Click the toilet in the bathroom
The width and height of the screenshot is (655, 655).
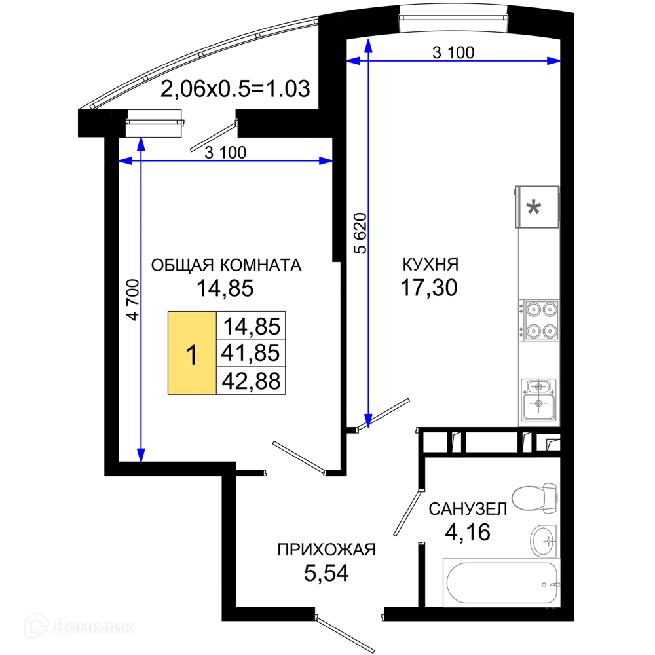[534, 498]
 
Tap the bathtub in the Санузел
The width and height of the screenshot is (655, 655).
[501, 582]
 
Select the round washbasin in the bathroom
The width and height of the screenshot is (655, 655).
[544, 541]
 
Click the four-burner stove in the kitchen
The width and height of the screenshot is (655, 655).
[539, 320]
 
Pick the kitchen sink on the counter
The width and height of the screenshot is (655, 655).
[538, 400]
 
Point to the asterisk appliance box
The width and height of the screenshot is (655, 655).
[537, 207]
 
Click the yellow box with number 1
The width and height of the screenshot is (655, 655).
[192, 353]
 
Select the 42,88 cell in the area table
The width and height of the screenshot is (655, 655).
[251, 381]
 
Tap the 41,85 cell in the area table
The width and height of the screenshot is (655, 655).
[251, 353]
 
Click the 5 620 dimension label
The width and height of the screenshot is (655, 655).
[360, 233]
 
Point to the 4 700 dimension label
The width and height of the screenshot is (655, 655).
[133, 299]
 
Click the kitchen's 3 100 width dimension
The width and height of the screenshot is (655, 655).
[453, 53]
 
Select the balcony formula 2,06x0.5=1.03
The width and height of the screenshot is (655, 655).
[235, 88]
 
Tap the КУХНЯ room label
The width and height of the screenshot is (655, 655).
[430, 265]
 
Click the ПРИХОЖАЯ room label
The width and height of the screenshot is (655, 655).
[327, 550]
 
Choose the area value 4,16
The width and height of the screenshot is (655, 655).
[468, 532]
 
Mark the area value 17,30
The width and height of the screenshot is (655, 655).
[429, 288]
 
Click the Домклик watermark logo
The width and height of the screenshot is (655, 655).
[79, 626]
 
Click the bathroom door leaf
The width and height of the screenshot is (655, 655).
[407, 513]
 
